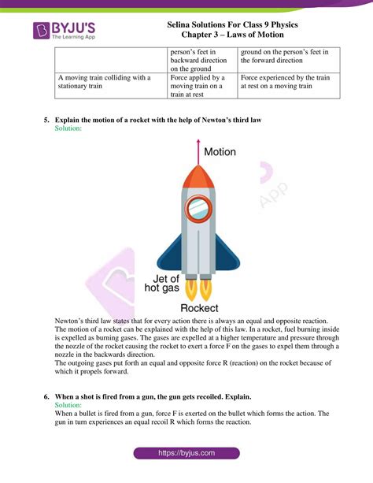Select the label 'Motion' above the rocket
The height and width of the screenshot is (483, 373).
coord(220,150)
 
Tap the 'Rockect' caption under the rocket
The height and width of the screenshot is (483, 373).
coord(199,308)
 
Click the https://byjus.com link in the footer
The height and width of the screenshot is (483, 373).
coord(186,454)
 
